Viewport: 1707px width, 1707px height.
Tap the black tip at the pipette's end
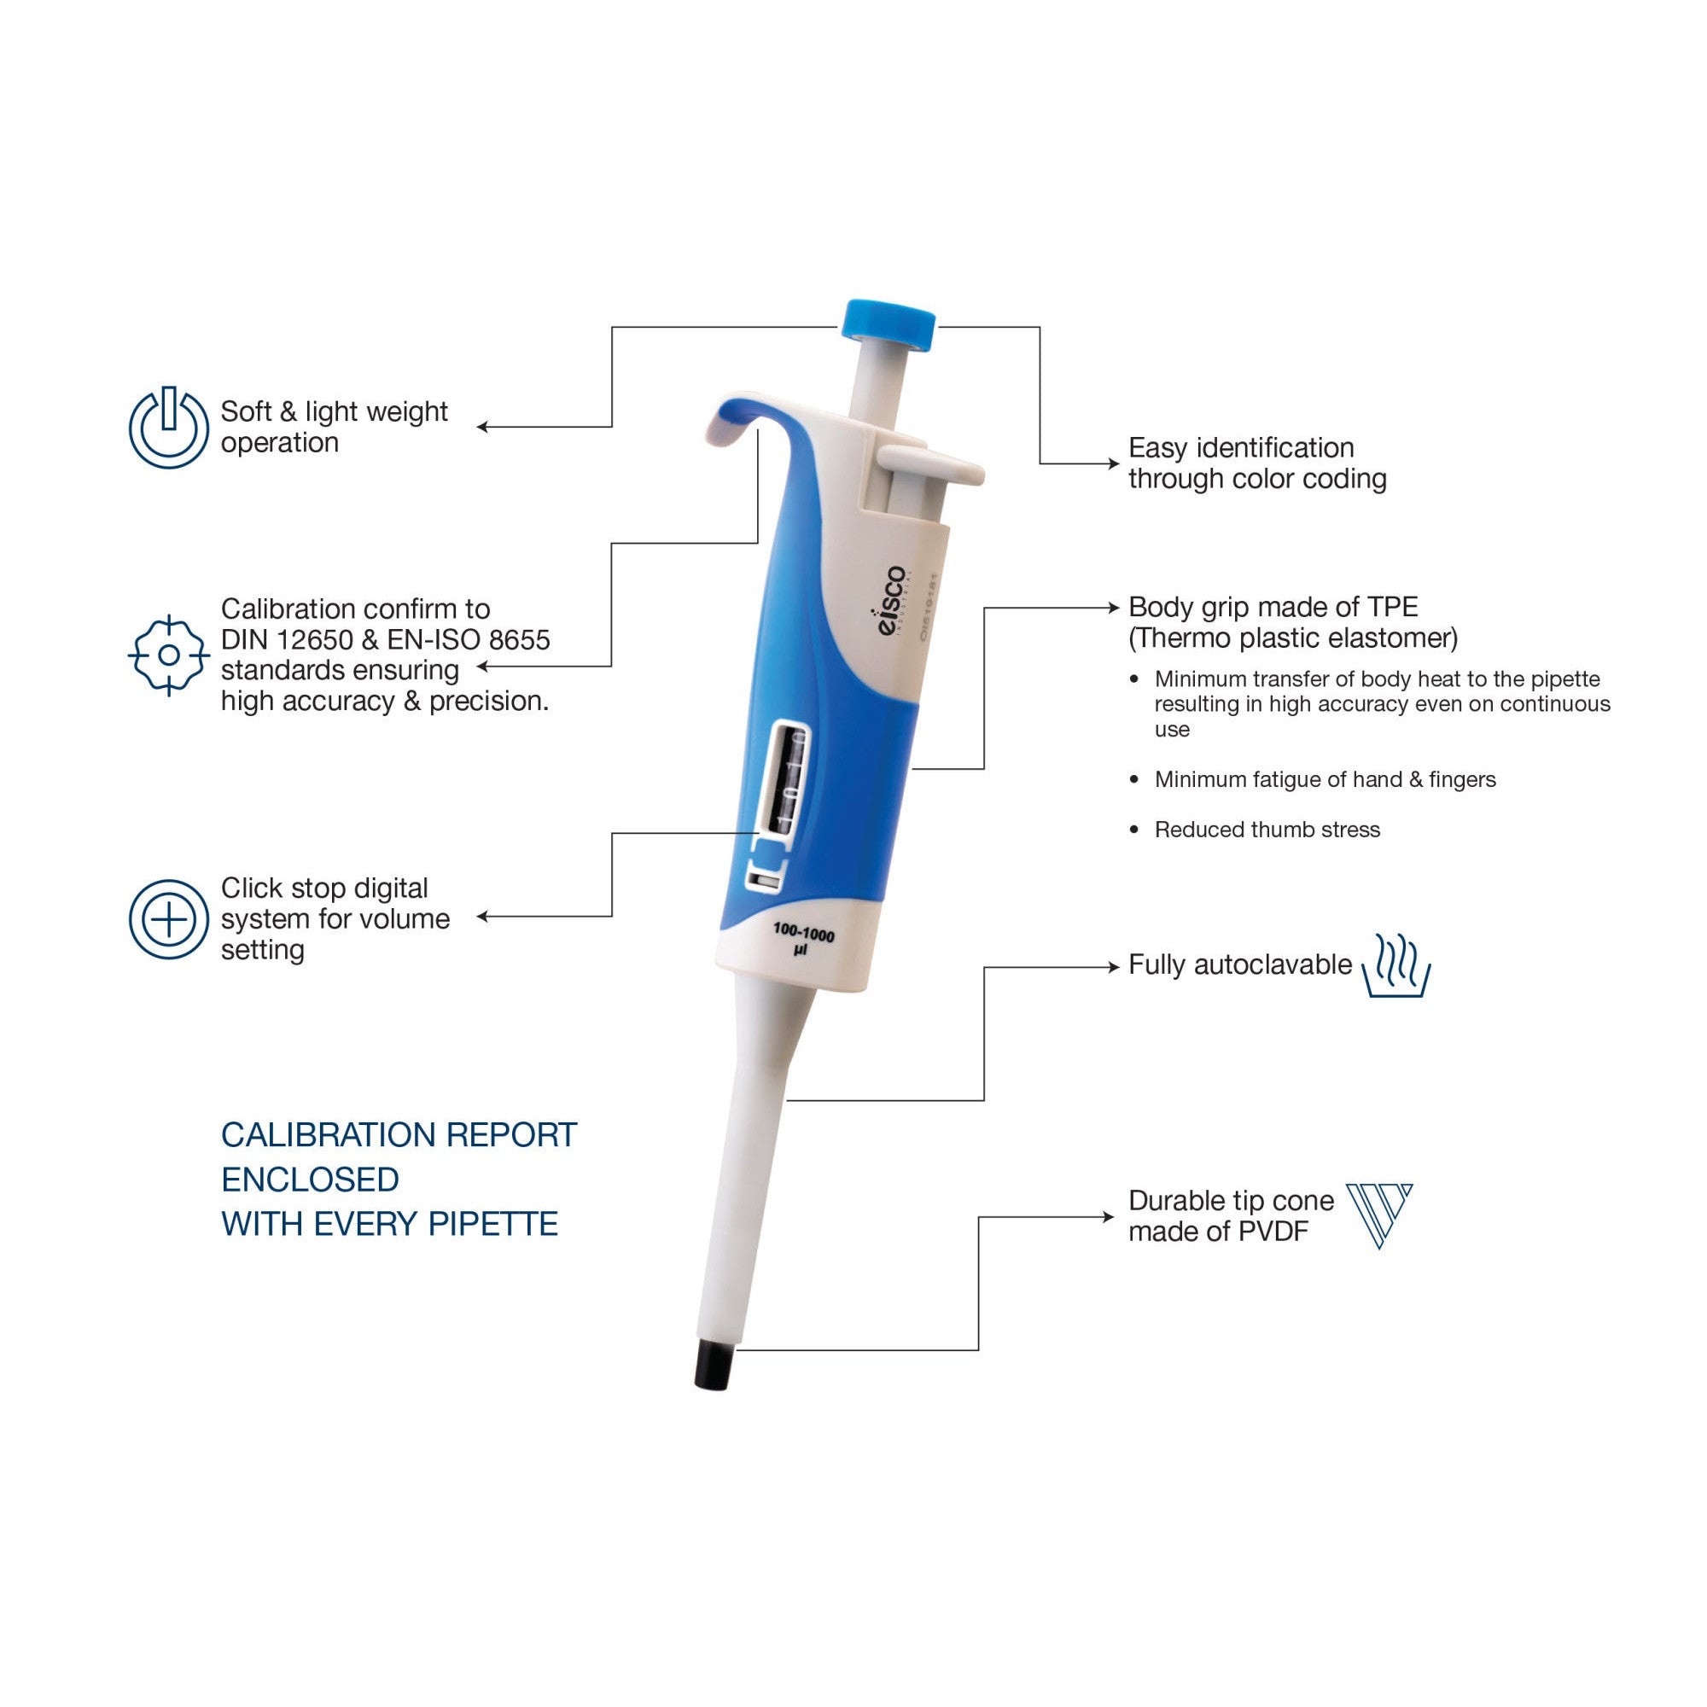point(718,1365)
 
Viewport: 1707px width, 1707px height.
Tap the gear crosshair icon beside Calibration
point(169,655)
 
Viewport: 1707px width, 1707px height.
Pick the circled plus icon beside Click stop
point(169,919)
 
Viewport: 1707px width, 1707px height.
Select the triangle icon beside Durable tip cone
point(1378,1215)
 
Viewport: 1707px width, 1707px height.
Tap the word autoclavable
point(1273,964)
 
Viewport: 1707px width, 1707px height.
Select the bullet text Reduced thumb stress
point(1267,830)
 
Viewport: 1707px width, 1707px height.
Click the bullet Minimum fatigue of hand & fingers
point(1325,779)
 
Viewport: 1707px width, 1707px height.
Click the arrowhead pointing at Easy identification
point(1114,463)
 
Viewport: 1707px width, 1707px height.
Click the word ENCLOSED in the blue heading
point(310,1180)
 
